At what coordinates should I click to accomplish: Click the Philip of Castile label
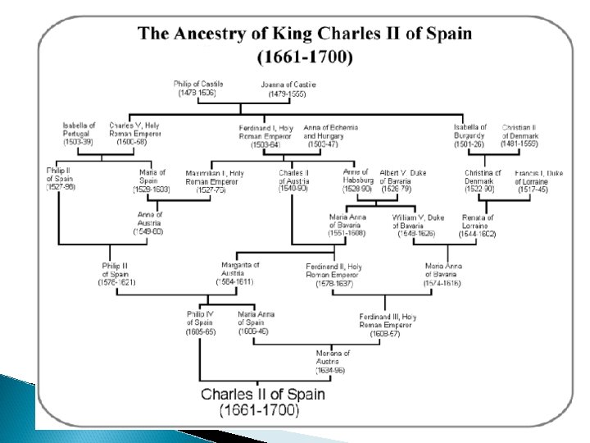pos(198,89)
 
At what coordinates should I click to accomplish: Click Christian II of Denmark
pos(520,135)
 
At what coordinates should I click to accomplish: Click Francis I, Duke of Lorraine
pos(538,179)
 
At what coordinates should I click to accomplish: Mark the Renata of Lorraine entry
pos(478,225)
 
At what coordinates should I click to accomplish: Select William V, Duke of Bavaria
pos(415,225)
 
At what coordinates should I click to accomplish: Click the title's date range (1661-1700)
pos(304,58)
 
